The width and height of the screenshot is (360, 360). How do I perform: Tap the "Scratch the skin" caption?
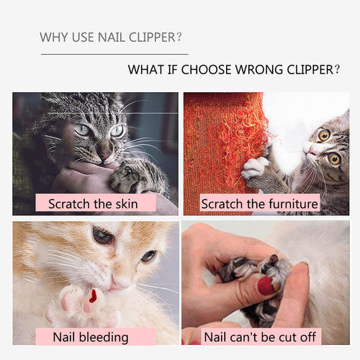point(96,204)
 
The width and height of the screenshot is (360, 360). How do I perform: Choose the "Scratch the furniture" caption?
point(259,204)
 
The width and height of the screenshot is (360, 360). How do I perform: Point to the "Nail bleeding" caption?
point(91,336)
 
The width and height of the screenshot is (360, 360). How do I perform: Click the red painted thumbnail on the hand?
point(266,286)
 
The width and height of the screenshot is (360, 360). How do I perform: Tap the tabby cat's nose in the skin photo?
point(104,153)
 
